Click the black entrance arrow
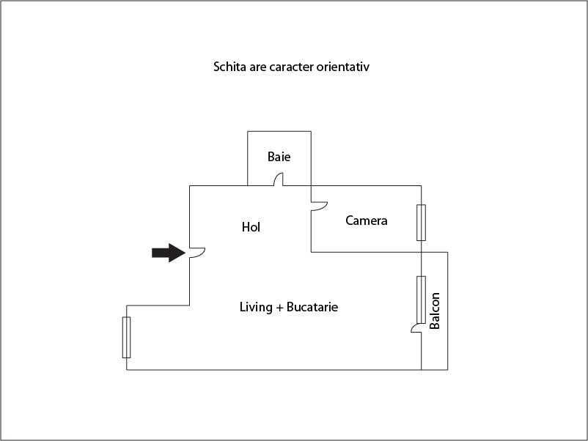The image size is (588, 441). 168,253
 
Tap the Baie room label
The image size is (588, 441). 279,157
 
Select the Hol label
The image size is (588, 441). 251,227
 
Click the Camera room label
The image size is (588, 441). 366,220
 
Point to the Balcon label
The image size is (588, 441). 435,311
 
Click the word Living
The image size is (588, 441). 256,307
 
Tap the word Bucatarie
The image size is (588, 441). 312,307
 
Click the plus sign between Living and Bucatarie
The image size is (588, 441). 279,308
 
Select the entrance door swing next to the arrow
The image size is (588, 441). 196,253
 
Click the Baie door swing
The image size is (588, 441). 279,179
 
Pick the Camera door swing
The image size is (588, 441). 318,208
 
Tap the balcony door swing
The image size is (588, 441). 416,330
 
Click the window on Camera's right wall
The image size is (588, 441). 421,223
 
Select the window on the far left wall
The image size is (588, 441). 127,337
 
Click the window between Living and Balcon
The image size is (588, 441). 421,300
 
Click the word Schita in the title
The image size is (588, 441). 229,67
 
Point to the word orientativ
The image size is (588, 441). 346,67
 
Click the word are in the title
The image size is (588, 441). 258,67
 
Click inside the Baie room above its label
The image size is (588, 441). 279,141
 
